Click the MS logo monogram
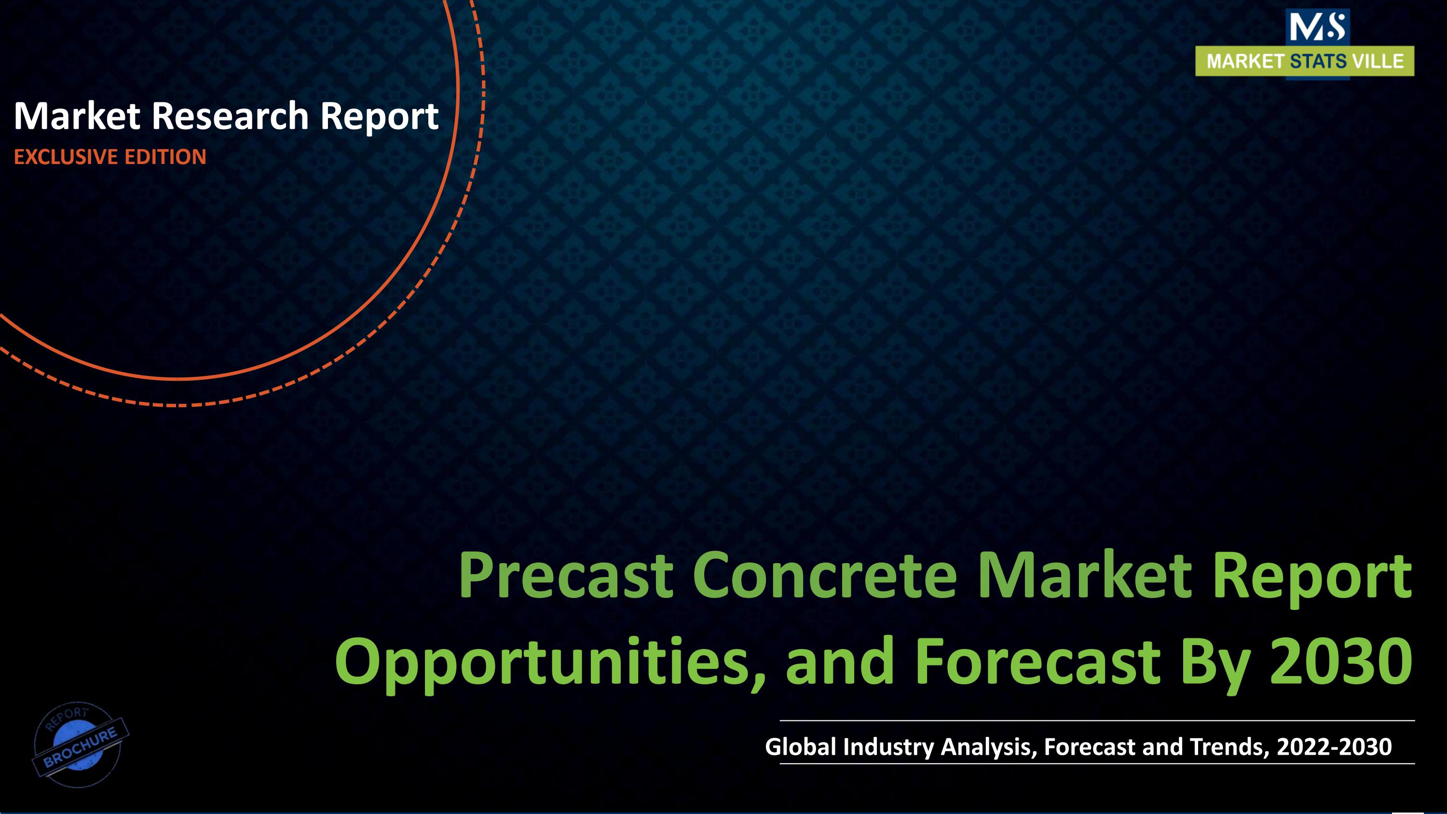pyautogui.click(x=1317, y=27)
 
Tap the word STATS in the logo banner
pyautogui.click(x=1318, y=61)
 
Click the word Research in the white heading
pyautogui.click(x=230, y=116)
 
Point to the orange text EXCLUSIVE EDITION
pyautogui.click(x=110, y=157)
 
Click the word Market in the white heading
pyautogui.click(x=77, y=116)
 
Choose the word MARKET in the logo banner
pyautogui.click(x=1245, y=61)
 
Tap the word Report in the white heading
pyautogui.click(x=379, y=116)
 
